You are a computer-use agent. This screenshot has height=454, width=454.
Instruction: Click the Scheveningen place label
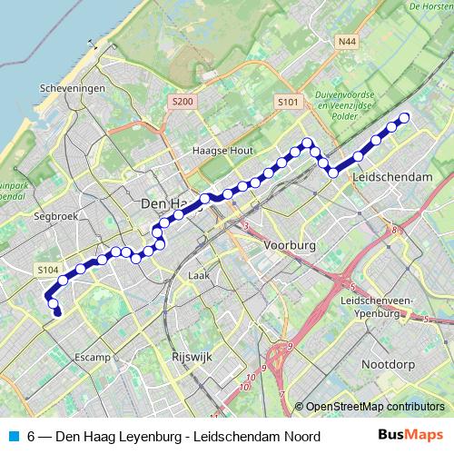74,88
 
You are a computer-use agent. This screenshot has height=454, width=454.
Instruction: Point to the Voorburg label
289,246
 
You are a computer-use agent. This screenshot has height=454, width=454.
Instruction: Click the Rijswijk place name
191,358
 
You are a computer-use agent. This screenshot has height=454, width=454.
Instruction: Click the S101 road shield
288,103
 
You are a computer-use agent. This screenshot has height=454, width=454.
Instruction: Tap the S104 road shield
48,270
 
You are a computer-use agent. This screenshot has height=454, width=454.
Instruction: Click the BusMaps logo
410,437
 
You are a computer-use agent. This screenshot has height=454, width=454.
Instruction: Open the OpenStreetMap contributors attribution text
375,407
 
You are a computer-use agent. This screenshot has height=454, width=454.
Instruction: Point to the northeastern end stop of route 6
405,117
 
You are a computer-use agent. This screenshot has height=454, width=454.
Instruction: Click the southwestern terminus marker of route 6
57,313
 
